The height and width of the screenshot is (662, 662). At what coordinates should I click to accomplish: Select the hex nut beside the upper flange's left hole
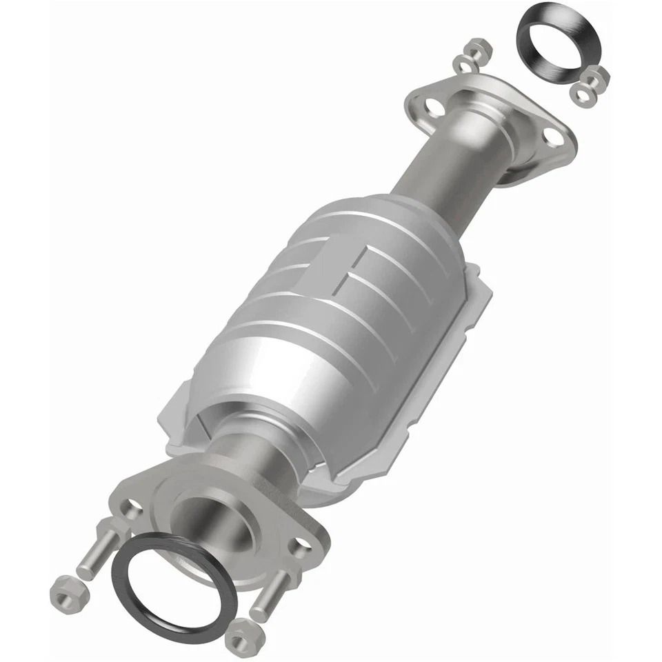click(477, 50)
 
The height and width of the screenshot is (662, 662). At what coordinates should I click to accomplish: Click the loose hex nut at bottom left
click(67, 592)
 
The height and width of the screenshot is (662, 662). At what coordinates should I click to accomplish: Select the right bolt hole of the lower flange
click(299, 548)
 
